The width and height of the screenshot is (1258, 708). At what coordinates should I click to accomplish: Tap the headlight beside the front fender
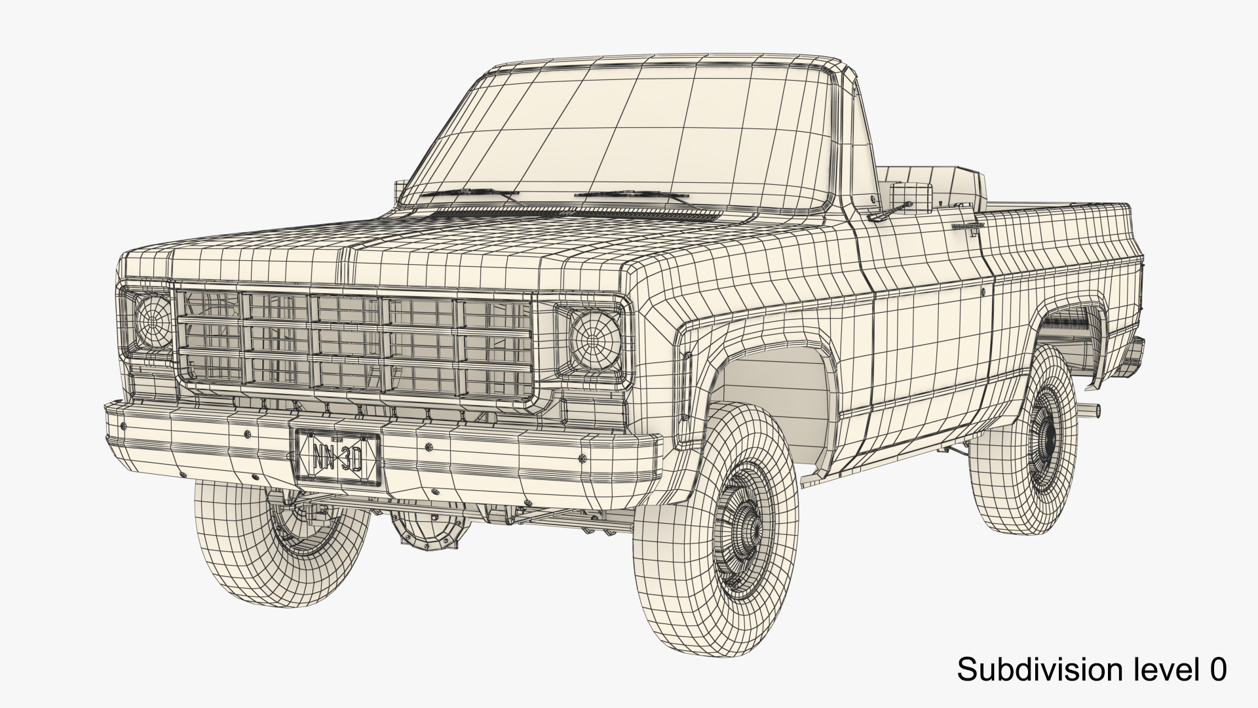tap(595, 339)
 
